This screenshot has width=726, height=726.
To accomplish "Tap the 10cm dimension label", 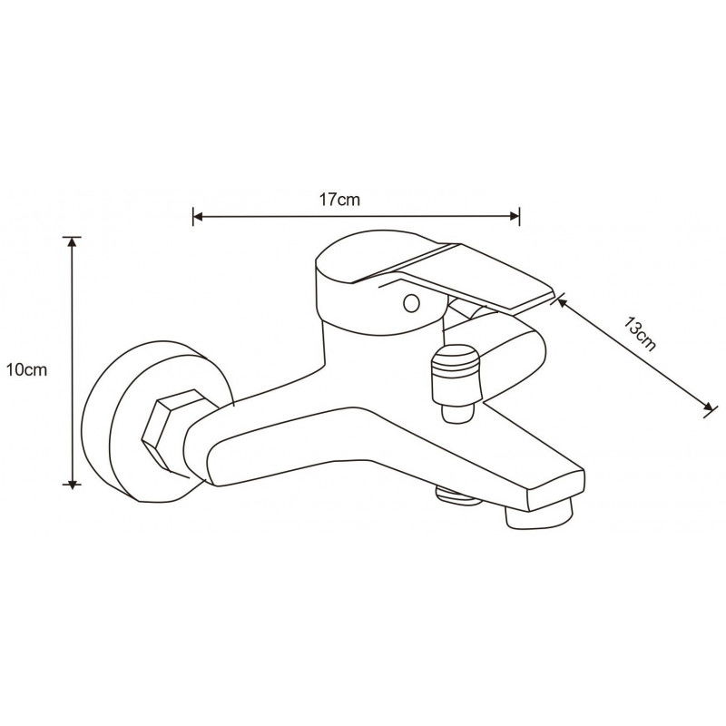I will [25, 369].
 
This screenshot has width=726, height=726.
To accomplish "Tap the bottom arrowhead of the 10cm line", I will [73, 485].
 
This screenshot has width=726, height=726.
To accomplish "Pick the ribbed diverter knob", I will [456, 374].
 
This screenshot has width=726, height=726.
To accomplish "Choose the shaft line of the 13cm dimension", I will [635, 355].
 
